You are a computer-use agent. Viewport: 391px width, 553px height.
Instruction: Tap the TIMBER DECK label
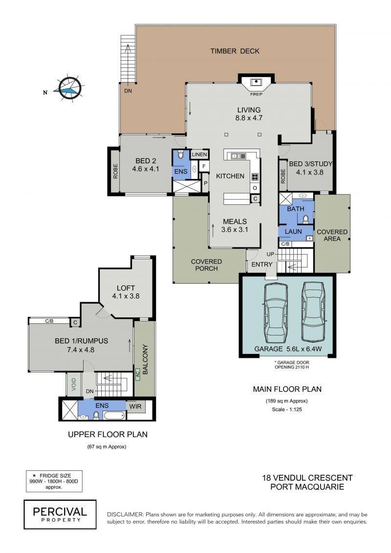coord(235,51)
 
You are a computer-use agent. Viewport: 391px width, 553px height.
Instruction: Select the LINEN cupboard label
coord(199,155)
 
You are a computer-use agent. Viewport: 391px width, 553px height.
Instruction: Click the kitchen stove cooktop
coord(255,177)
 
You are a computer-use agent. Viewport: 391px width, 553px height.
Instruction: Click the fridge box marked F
coord(204,166)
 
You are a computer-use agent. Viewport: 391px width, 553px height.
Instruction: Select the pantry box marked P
coord(206,183)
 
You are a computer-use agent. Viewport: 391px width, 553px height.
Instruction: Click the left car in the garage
coord(276,312)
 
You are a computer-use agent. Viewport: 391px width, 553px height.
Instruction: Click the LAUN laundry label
coord(293,232)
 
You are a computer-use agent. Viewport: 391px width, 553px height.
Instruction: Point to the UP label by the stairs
coord(270,254)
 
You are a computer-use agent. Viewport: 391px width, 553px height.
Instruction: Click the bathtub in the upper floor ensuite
coord(114,415)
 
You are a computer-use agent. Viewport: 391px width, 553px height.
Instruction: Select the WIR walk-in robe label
coord(135,406)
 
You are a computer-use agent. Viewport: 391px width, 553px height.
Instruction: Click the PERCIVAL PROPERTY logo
coord(60,514)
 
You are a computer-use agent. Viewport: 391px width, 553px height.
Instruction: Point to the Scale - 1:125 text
coord(287,409)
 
